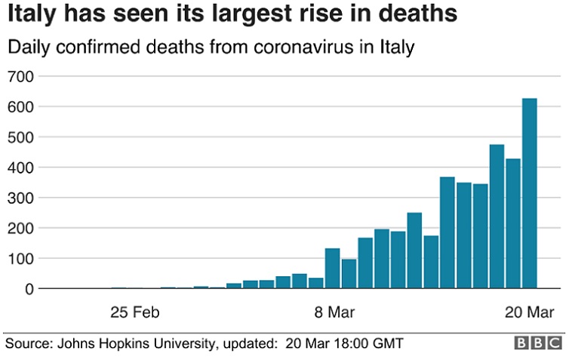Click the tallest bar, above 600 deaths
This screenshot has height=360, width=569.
pos(530,193)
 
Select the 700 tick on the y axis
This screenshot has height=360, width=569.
pos(21,77)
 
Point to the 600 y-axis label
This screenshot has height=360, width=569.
pos(21,107)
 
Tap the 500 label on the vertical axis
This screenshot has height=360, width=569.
pos(21,137)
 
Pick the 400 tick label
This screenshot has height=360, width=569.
pos(21,168)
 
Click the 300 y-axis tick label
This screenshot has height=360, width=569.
pos(21,198)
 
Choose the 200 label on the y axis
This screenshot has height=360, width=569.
pos(21,228)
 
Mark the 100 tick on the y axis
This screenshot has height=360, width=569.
pos(21,258)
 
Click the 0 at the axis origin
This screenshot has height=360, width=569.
pos(29,288)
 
